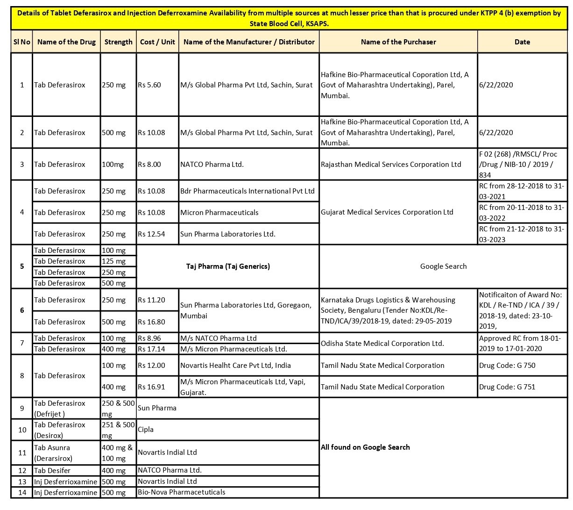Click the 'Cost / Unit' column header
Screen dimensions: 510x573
tap(157, 42)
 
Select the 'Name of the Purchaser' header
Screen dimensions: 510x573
tap(398, 42)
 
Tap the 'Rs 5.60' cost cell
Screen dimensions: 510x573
tap(149, 85)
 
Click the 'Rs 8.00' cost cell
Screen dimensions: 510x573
tap(149, 165)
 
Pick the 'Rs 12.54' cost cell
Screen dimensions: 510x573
tap(151, 234)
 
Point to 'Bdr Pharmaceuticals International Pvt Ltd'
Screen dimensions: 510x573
tap(248, 191)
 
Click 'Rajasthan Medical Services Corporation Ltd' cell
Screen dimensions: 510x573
tap(391, 165)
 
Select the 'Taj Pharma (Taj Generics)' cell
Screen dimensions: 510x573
tap(228, 266)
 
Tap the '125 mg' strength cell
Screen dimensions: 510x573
tap(114, 261)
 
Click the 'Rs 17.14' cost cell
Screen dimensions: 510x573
tap(151, 349)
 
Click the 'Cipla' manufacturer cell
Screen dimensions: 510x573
tap(146, 430)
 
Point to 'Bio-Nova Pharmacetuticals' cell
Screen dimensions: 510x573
tap(181, 492)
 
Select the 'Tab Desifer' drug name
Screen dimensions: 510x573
tap(52, 471)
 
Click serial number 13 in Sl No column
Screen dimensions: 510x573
tap(22, 481)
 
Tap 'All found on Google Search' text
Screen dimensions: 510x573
tap(365, 447)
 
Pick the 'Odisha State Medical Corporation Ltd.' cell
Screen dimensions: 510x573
tap(382, 344)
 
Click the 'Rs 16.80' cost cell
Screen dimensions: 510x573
tap(151, 322)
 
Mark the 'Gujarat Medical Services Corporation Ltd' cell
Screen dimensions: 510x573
tap(387, 212)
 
